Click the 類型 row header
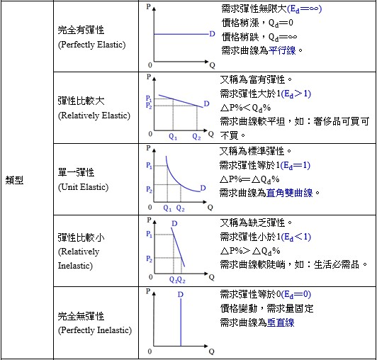coord(14,180)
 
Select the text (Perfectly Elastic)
coord(91,45)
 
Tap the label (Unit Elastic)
coord(83,187)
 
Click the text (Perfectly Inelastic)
coord(95,330)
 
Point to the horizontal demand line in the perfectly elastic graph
coord(181,34)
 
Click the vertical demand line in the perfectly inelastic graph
coord(181,322)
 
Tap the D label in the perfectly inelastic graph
coord(181,294)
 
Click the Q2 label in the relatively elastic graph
coord(196,137)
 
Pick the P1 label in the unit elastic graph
coord(149,165)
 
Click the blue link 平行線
coord(282,50)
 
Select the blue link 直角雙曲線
coord(289,193)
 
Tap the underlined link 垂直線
coord(281,322)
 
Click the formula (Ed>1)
coord(296,94)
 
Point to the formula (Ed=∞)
coord(305,9)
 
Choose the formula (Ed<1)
coord(296,237)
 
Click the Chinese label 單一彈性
coord(76,172)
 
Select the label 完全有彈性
coord(81,30)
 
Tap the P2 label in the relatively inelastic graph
coord(149,259)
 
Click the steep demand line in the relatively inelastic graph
coord(178,247)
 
